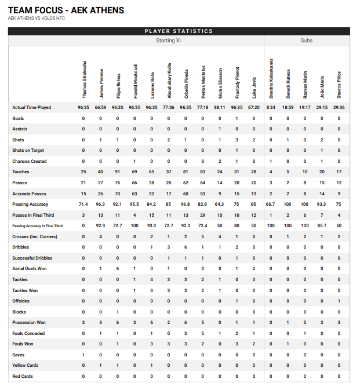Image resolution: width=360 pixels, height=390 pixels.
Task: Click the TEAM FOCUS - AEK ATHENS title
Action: point(66,10)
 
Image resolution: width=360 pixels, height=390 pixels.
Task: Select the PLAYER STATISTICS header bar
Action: point(179,31)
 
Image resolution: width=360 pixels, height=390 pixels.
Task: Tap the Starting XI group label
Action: point(169,41)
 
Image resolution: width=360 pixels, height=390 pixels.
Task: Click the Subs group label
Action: point(306,41)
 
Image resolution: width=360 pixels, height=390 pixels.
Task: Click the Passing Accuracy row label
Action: point(32,204)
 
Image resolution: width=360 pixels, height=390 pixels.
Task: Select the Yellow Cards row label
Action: point(26,365)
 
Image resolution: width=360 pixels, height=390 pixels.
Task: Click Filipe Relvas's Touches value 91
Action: point(118,172)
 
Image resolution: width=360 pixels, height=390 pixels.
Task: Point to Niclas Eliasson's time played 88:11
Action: point(220,107)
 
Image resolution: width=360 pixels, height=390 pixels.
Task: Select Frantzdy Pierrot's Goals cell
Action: point(237,118)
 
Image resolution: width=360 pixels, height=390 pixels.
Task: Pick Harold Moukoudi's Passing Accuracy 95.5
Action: point(134,204)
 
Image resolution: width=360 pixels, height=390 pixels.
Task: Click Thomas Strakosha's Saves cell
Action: point(83,355)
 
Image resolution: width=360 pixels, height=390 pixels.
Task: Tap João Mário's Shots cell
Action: point(322,140)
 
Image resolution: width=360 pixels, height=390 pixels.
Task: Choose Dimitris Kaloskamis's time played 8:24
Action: point(271,107)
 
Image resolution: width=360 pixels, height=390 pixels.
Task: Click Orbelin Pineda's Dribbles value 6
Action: point(186,247)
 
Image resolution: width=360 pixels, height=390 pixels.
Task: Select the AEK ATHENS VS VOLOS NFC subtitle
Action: point(37,19)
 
